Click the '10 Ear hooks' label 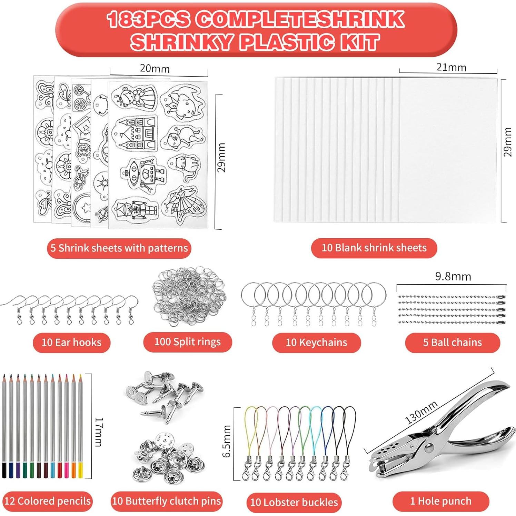71,343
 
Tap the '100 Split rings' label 187,342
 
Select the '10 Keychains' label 316,343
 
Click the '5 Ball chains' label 452,343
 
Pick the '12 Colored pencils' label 47,501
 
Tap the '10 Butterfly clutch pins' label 167,501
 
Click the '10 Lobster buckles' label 294,502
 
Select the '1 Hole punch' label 440,501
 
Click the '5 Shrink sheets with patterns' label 119,248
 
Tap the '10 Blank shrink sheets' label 374,248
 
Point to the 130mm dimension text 421,412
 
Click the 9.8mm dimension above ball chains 453,277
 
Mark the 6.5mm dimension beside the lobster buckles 226,441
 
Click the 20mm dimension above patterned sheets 155,69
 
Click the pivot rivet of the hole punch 429,448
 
